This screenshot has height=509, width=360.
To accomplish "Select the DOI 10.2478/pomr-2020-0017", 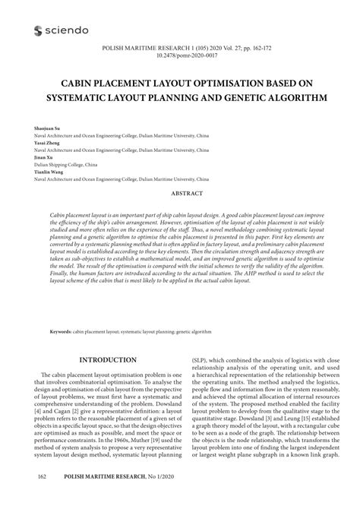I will click(x=181, y=55).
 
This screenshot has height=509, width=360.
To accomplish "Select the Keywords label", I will click(x=60, y=332).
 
